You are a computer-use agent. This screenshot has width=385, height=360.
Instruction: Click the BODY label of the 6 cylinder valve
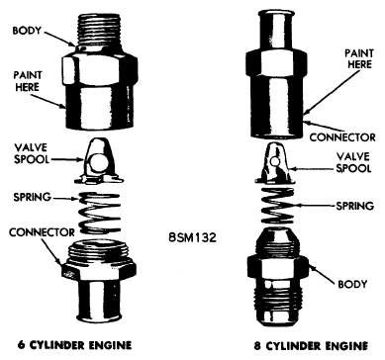point(27,31)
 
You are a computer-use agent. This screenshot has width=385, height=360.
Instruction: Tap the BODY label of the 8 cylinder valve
point(352,284)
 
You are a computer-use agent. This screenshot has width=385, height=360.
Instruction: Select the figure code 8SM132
point(192,237)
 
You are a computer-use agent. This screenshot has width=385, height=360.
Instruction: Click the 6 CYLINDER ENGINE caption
point(74,345)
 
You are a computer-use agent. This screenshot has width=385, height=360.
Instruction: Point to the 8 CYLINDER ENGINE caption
point(311,346)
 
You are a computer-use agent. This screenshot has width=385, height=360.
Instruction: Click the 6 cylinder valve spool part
point(99,161)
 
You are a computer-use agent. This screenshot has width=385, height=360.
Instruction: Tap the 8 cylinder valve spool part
point(275,163)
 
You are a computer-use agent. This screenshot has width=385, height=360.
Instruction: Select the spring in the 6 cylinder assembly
point(100,213)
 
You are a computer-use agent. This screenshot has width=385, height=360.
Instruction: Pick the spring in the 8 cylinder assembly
point(277,205)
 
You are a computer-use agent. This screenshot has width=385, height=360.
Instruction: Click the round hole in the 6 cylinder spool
point(98,163)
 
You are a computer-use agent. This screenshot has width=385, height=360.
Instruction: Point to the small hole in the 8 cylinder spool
point(275,161)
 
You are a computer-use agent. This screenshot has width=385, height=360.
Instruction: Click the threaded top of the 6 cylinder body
point(100,31)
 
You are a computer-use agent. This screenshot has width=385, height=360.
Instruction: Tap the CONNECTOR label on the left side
point(42,232)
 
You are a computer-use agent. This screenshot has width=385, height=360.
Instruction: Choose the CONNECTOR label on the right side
point(342,137)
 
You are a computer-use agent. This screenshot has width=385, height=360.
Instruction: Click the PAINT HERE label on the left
point(28,81)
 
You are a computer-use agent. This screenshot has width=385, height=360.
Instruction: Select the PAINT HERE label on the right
point(359,58)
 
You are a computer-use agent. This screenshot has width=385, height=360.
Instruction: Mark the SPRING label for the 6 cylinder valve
point(32,197)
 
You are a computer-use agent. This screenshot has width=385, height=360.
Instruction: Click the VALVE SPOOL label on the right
point(353,162)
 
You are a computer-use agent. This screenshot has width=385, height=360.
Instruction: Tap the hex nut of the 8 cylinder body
point(277,269)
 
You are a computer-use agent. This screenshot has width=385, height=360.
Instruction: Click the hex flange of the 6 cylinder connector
point(99,271)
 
